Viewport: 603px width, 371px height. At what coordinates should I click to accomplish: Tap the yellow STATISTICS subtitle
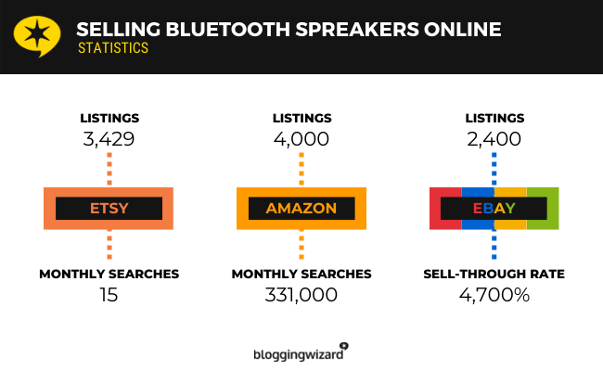(x=112, y=48)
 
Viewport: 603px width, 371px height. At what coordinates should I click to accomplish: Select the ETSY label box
(x=109, y=208)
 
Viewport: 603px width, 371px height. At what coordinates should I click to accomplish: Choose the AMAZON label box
(x=301, y=208)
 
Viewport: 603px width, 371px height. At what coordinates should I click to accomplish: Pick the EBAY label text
(x=494, y=208)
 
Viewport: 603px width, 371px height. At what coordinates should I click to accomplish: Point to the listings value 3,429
(x=109, y=139)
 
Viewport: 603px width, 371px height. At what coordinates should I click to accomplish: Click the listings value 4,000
(x=301, y=139)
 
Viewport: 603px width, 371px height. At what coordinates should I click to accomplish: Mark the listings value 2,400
(x=494, y=139)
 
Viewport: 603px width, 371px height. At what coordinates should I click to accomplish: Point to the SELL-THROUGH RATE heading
(x=494, y=274)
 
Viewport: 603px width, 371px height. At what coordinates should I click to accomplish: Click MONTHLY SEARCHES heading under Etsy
(x=109, y=274)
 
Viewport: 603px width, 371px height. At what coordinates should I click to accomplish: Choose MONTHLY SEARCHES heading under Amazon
(x=301, y=274)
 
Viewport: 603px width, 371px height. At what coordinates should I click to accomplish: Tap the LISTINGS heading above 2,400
(x=494, y=118)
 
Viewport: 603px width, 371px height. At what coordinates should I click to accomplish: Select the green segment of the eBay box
(x=544, y=208)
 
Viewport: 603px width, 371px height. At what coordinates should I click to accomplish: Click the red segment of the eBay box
(x=443, y=208)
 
